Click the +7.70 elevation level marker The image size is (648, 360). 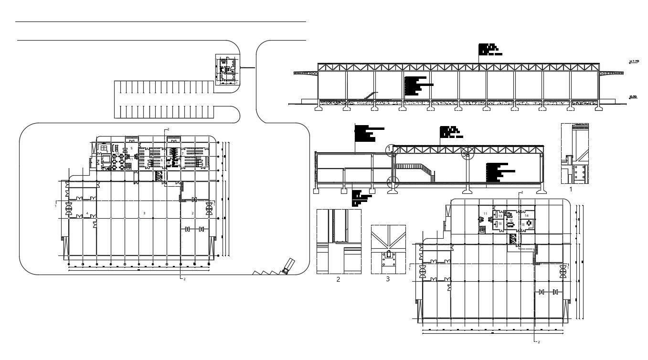(634, 62)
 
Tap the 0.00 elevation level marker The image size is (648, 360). (633, 97)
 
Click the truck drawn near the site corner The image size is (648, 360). (289, 265)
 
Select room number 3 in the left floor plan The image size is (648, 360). (144, 212)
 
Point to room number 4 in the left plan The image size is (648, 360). (87, 213)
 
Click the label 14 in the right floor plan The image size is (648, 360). (526, 216)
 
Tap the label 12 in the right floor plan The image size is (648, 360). (511, 220)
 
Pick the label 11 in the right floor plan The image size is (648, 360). (485, 213)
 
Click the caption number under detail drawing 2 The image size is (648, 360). (338, 279)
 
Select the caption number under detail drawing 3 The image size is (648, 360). (388, 279)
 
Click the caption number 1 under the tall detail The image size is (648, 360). (571, 190)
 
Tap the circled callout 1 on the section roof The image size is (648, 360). (391, 149)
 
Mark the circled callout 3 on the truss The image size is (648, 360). (468, 154)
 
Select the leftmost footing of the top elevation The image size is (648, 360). (319, 108)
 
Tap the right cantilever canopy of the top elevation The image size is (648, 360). (612, 73)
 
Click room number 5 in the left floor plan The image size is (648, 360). (131, 148)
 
